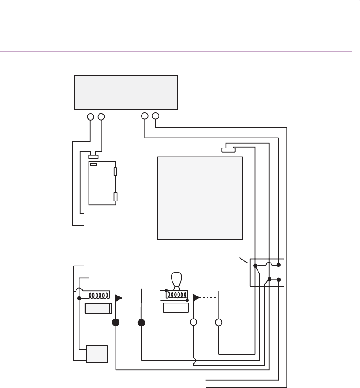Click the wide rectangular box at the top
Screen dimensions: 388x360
[x=126, y=92]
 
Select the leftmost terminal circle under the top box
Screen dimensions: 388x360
[x=91, y=117]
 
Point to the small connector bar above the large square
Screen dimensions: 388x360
[x=228, y=150]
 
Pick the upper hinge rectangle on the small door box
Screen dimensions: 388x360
[x=115, y=171]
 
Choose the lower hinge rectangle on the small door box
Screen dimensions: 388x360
[x=115, y=197]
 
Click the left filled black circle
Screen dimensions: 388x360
[x=116, y=322]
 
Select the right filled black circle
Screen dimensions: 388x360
[x=142, y=322]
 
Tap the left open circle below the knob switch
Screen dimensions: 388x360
[x=194, y=322]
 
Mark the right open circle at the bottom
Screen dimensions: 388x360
[x=219, y=322]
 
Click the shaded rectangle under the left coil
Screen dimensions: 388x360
[x=99, y=309]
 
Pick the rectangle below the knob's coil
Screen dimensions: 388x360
[x=175, y=308]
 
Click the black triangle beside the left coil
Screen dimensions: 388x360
[x=118, y=298]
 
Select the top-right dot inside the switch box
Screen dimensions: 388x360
[x=279, y=265]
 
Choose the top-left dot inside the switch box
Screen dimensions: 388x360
[x=255, y=265]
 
